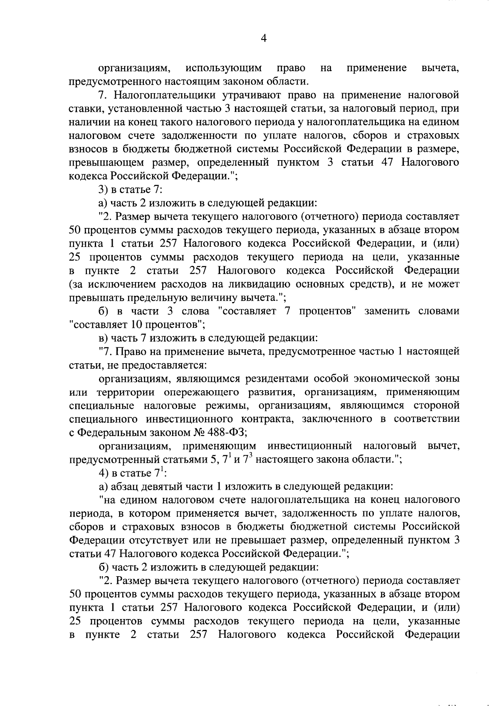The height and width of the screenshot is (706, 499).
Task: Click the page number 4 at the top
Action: pyautogui.click(x=263, y=39)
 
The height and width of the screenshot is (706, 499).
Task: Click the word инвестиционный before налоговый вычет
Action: pyautogui.click(x=309, y=446)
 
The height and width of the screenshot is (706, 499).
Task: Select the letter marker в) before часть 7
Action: pyautogui.click(x=104, y=339)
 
